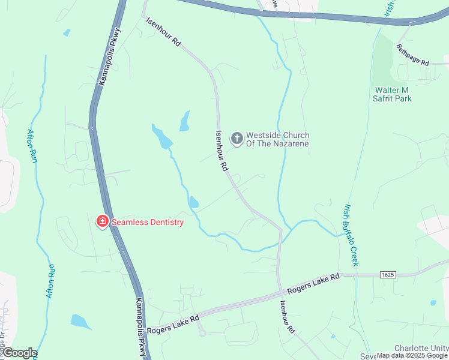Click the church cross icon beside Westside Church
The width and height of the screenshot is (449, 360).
tap(237, 139)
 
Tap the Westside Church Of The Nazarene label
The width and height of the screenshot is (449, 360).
tap(278, 139)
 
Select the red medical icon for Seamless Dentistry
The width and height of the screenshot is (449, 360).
tap(102, 222)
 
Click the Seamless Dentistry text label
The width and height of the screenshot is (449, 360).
tap(147, 222)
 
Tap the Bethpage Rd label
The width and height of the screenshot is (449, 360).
tap(413, 55)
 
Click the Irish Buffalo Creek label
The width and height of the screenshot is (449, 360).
tap(351, 235)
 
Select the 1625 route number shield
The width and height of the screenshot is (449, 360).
tap(388, 274)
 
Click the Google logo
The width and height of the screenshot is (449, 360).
tap(19, 353)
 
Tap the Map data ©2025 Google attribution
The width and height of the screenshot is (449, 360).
tap(412, 355)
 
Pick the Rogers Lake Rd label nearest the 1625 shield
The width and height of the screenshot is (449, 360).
tap(313, 284)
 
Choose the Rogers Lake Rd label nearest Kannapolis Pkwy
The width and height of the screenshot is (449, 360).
tap(173, 325)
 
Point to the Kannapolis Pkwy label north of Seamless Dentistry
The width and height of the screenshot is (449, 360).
tap(110, 57)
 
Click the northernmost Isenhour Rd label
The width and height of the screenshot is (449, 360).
tap(164, 32)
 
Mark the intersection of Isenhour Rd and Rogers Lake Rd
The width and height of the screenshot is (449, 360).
tap(280, 293)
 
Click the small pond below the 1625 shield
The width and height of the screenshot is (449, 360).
tap(433, 303)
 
